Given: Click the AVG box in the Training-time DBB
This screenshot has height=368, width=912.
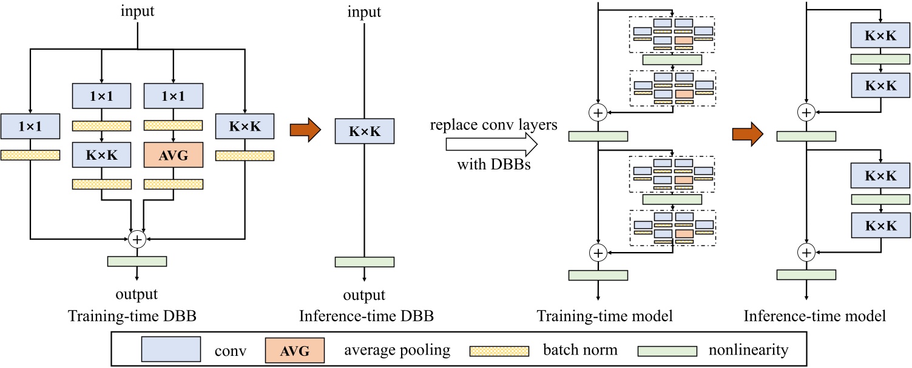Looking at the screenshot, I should click(x=174, y=155).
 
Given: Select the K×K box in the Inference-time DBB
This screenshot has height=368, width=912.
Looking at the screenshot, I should click(x=364, y=132).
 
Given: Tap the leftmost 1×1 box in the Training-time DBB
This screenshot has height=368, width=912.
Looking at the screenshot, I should click(x=30, y=126).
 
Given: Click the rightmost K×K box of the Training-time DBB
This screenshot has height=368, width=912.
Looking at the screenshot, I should click(x=245, y=126).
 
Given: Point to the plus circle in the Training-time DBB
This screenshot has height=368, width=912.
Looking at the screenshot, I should click(x=137, y=239).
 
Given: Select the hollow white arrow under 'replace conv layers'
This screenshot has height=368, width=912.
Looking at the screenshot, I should click(x=491, y=145).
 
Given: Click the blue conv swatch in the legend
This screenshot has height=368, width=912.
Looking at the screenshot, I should click(x=171, y=350).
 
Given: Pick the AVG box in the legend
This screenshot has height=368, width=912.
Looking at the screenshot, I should click(x=294, y=350).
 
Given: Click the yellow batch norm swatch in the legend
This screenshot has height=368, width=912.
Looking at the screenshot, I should click(x=499, y=350).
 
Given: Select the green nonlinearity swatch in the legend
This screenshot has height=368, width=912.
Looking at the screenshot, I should click(x=667, y=350).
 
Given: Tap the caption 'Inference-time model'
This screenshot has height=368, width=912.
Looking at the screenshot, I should click(x=814, y=316).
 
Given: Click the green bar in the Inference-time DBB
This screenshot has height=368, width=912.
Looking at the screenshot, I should click(x=364, y=262).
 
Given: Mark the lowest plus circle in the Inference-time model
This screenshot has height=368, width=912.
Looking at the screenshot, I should click(x=806, y=251).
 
